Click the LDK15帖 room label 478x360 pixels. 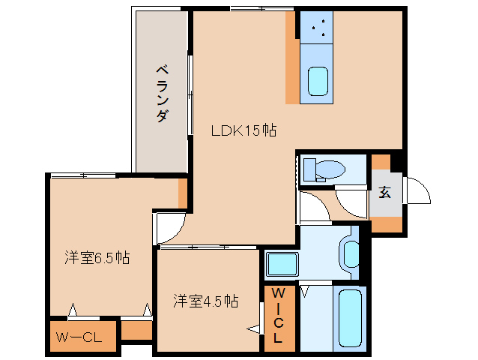(243, 130)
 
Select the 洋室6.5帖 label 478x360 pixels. (97, 258)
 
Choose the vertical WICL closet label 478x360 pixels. (278, 315)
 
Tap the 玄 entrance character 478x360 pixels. (384, 192)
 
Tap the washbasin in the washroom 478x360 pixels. (348, 251)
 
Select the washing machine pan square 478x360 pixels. (282, 265)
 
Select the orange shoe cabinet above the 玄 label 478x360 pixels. (381, 161)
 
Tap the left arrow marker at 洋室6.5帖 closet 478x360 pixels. (73, 308)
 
